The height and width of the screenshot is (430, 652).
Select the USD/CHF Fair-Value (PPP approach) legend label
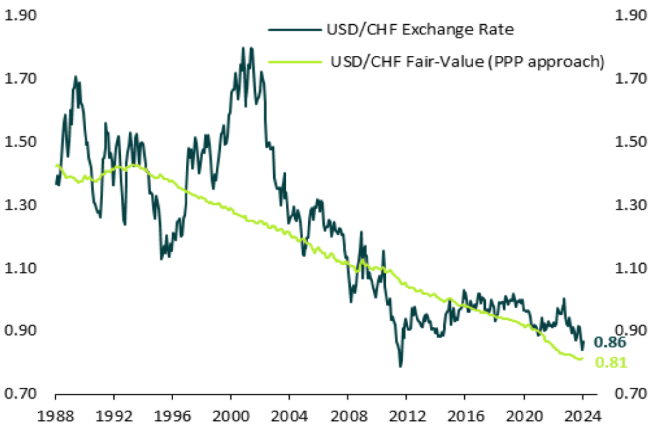click(467, 62)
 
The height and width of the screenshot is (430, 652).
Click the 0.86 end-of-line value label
click(610, 343)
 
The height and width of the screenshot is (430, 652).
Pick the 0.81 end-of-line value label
click(610, 363)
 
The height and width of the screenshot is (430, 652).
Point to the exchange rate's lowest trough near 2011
click(400, 366)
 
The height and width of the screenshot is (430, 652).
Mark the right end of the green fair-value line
click(581, 359)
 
